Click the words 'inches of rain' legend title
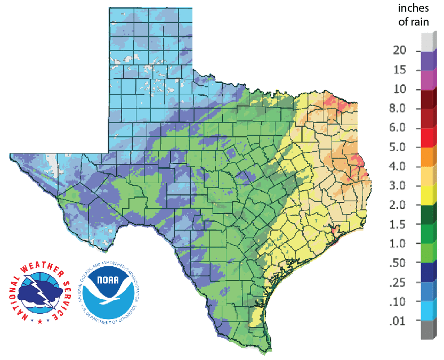pos(417,16)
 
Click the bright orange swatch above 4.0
pos(427,157)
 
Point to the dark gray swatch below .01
pos(427,331)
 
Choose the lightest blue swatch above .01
pos(427,312)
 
